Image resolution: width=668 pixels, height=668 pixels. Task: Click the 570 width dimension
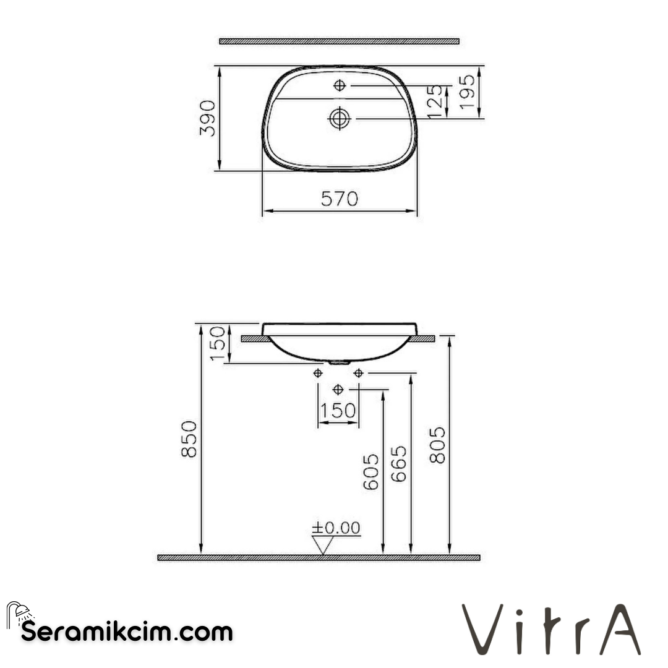click(x=340, y=199)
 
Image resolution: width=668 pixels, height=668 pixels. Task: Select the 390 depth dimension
click(x=208, y=118)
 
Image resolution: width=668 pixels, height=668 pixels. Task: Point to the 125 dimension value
click(x=435, y=101)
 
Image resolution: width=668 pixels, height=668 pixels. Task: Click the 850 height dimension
click(x=189, y=439)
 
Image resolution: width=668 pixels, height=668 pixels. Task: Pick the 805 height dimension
click(x=437, y=444)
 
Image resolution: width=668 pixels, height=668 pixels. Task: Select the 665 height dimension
click(x=400, y=464)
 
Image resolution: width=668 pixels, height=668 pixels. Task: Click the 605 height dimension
click(x=370, y=472)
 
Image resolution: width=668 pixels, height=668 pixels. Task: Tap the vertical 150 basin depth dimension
click(x=218, y=343)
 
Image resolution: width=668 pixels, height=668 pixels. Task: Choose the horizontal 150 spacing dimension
click(x=338, y=411)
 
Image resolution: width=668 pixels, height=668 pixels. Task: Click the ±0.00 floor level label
click(x=336, y=528)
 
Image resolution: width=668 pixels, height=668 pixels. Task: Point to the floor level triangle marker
click(x=323, y=545)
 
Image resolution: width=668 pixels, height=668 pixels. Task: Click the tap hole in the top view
click(x=340, y=85)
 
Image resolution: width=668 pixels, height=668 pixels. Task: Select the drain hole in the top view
click(x=340, y=118)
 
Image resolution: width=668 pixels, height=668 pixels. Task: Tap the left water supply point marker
click(x=318, y=372)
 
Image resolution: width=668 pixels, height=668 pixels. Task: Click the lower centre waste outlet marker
click(x=338, y=389)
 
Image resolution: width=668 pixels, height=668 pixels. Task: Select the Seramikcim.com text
click(x=127, y=632)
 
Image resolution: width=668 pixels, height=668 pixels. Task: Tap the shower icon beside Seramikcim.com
click(x=20, y=614)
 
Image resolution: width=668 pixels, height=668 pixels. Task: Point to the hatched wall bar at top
click(x=339, y=41)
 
